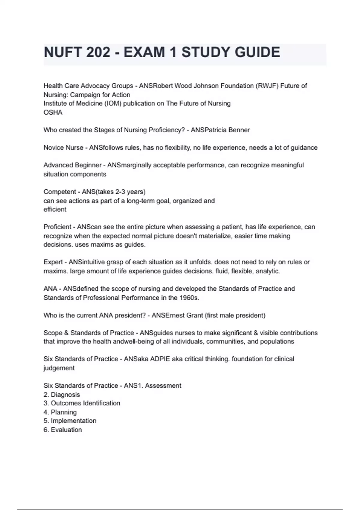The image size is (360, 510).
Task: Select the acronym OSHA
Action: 53,112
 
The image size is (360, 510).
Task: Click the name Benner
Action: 239,130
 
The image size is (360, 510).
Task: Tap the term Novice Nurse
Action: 63,148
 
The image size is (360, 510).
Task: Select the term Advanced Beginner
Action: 73,165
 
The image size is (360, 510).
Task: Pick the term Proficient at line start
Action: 57,227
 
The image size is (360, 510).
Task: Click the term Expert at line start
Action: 53,262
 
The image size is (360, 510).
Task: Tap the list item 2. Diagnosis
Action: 62,394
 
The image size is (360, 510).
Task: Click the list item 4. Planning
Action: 60,412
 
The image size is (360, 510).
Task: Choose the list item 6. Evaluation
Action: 63,430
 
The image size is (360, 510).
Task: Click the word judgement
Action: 59,368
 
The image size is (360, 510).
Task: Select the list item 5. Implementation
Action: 70,421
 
